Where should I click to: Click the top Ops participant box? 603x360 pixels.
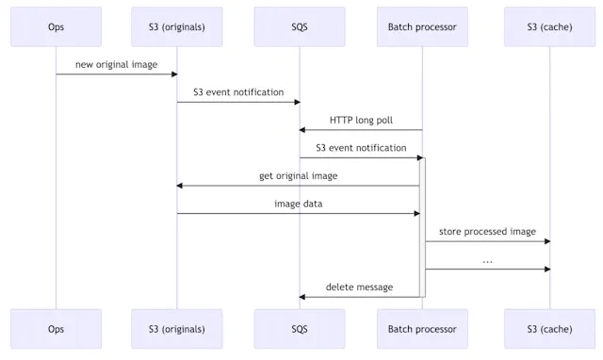[x=56, y=26]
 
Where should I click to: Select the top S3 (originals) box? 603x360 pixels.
[x=177, y=26]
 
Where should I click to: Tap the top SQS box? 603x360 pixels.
[x=300, y=26]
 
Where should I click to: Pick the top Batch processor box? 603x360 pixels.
[x=422, y=26]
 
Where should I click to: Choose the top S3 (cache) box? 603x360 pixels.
[x=550, y=26]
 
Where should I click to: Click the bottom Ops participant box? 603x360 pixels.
[x=56, y=329]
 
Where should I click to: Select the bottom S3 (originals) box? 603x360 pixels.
[x=177, y=329]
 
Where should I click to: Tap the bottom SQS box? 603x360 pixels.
[x=300, y=329]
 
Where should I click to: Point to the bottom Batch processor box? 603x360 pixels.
[x=422, y=329]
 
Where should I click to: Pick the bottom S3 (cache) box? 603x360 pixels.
[x=550, y=329]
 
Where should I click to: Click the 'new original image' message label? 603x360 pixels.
[x=117, y=64]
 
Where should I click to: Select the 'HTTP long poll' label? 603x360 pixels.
[x=361, y=121]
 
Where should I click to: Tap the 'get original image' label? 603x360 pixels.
[x=298, y=175]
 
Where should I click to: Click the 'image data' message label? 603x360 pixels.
[x=298, y=204]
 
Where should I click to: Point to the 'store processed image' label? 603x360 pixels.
[x=487, y=231]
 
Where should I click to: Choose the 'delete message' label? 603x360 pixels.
[x=359, y=286]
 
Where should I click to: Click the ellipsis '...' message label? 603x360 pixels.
[x=487, y=259]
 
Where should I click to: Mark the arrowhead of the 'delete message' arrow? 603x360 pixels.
[x=302, y=297]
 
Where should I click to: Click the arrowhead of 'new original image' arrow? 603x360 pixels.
[x=174, y=74]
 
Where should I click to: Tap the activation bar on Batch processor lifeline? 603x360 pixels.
[x=422, y=226]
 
